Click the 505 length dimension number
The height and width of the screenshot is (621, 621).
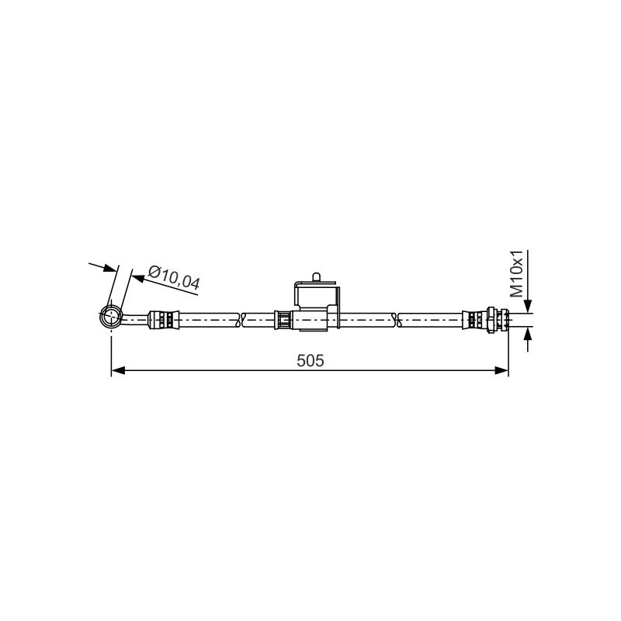click(310, 360)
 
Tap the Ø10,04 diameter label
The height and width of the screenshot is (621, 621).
click(174, 277)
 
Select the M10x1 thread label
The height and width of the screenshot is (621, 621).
click(516, 273)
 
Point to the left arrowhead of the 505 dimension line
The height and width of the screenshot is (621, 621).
click(118, 370)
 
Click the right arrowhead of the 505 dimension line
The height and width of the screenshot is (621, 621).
click(501, 370)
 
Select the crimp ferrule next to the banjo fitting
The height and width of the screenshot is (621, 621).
click(164, 319)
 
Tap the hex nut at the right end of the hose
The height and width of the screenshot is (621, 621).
click(491, 320)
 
